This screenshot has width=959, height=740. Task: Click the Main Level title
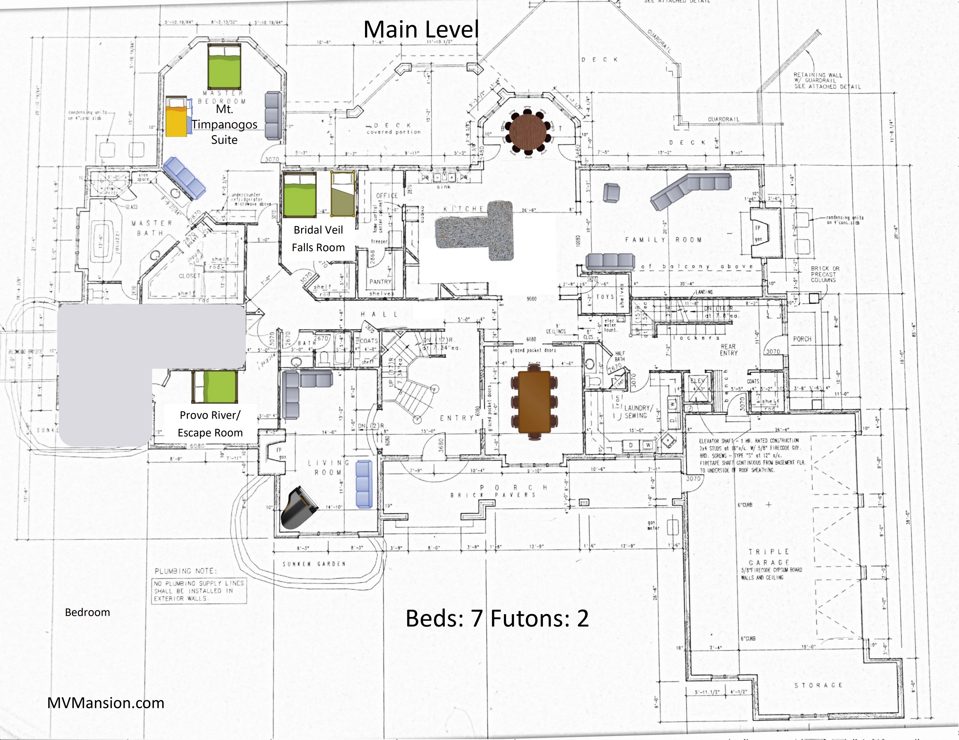point(421,30)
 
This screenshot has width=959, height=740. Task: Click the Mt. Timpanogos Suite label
point(224,125)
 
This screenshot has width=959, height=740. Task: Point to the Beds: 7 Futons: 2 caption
point(497,618)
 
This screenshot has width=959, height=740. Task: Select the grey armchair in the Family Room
point(611,193)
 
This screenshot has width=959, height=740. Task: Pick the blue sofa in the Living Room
point(363,484)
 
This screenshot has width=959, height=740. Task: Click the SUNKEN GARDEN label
point(313,564)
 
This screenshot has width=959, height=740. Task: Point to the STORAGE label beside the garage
point(818,685)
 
